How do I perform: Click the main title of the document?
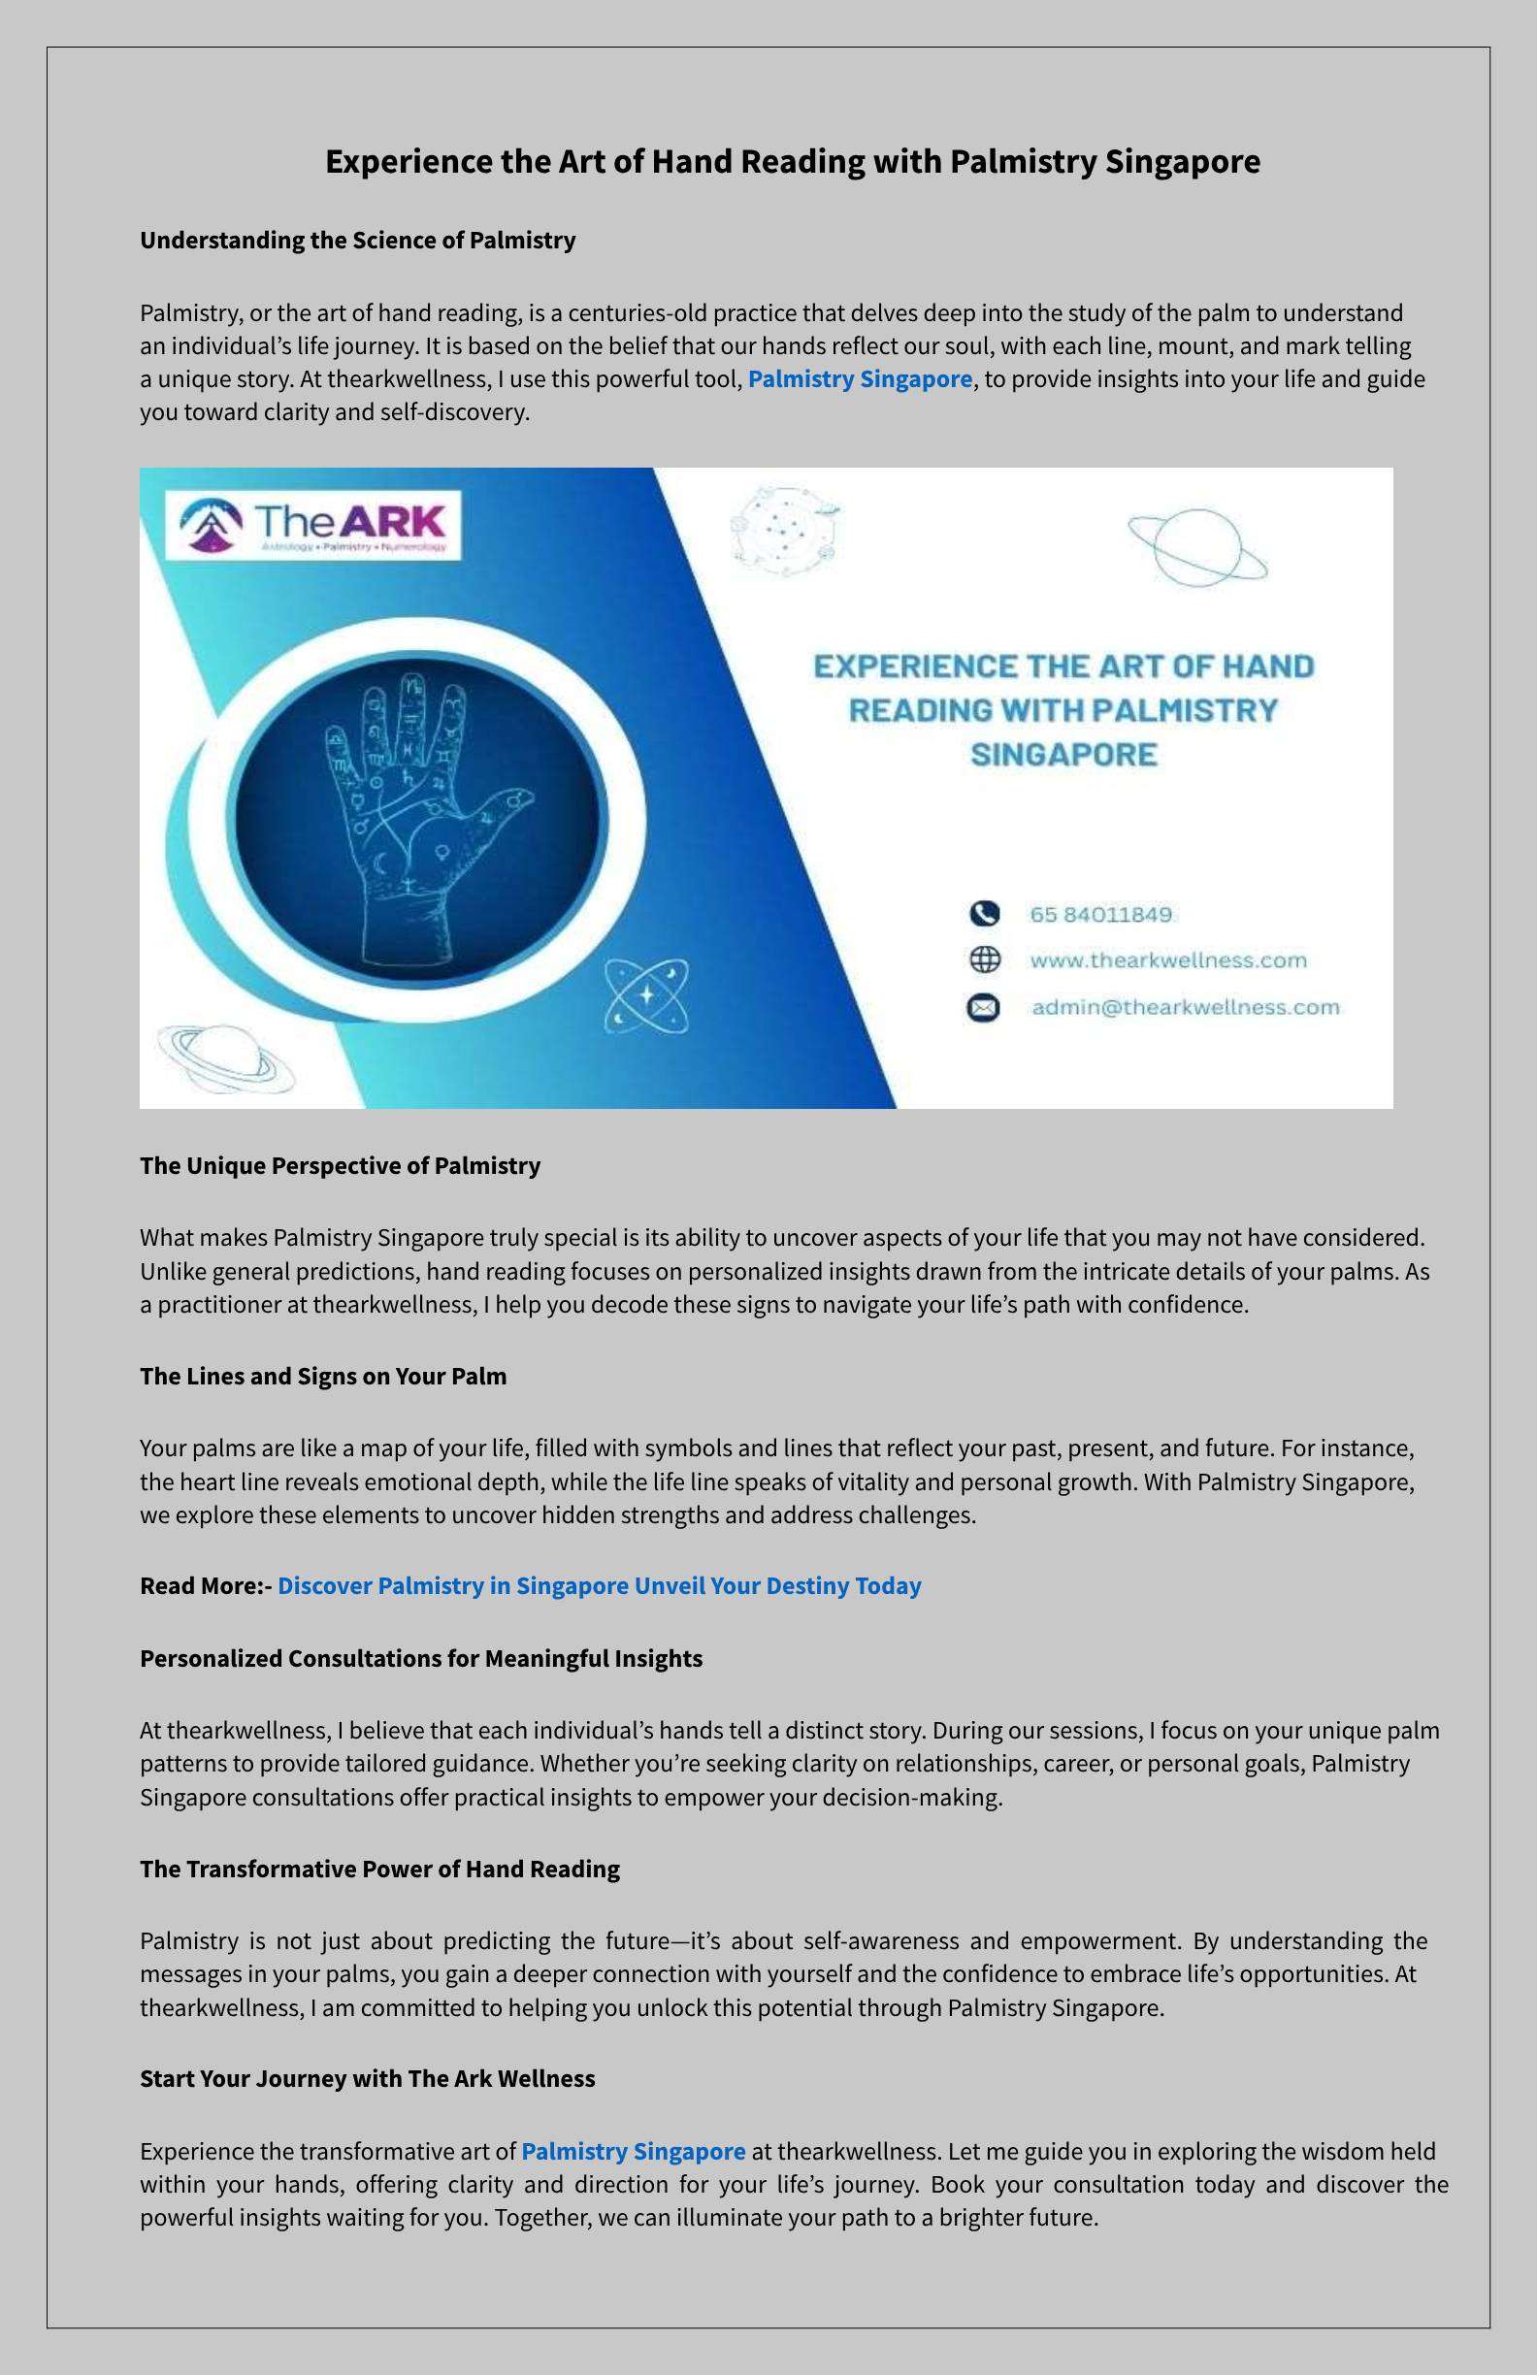793,162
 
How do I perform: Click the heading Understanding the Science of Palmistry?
357,241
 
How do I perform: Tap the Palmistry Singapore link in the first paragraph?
860,379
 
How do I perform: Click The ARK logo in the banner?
313,524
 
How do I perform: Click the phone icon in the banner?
983,913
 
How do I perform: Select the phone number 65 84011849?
1101,914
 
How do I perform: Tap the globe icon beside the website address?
984,960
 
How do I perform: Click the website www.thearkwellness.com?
1167,960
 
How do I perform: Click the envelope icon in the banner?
983,1008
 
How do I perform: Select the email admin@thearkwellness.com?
1185,1007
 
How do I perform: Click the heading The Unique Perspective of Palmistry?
340,1165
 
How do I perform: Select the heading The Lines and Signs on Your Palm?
323,1376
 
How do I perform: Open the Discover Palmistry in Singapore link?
599,1585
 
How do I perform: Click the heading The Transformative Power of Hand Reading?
379,1870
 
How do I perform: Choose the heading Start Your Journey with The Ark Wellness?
368,2079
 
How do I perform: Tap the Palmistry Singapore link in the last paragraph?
633,2152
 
